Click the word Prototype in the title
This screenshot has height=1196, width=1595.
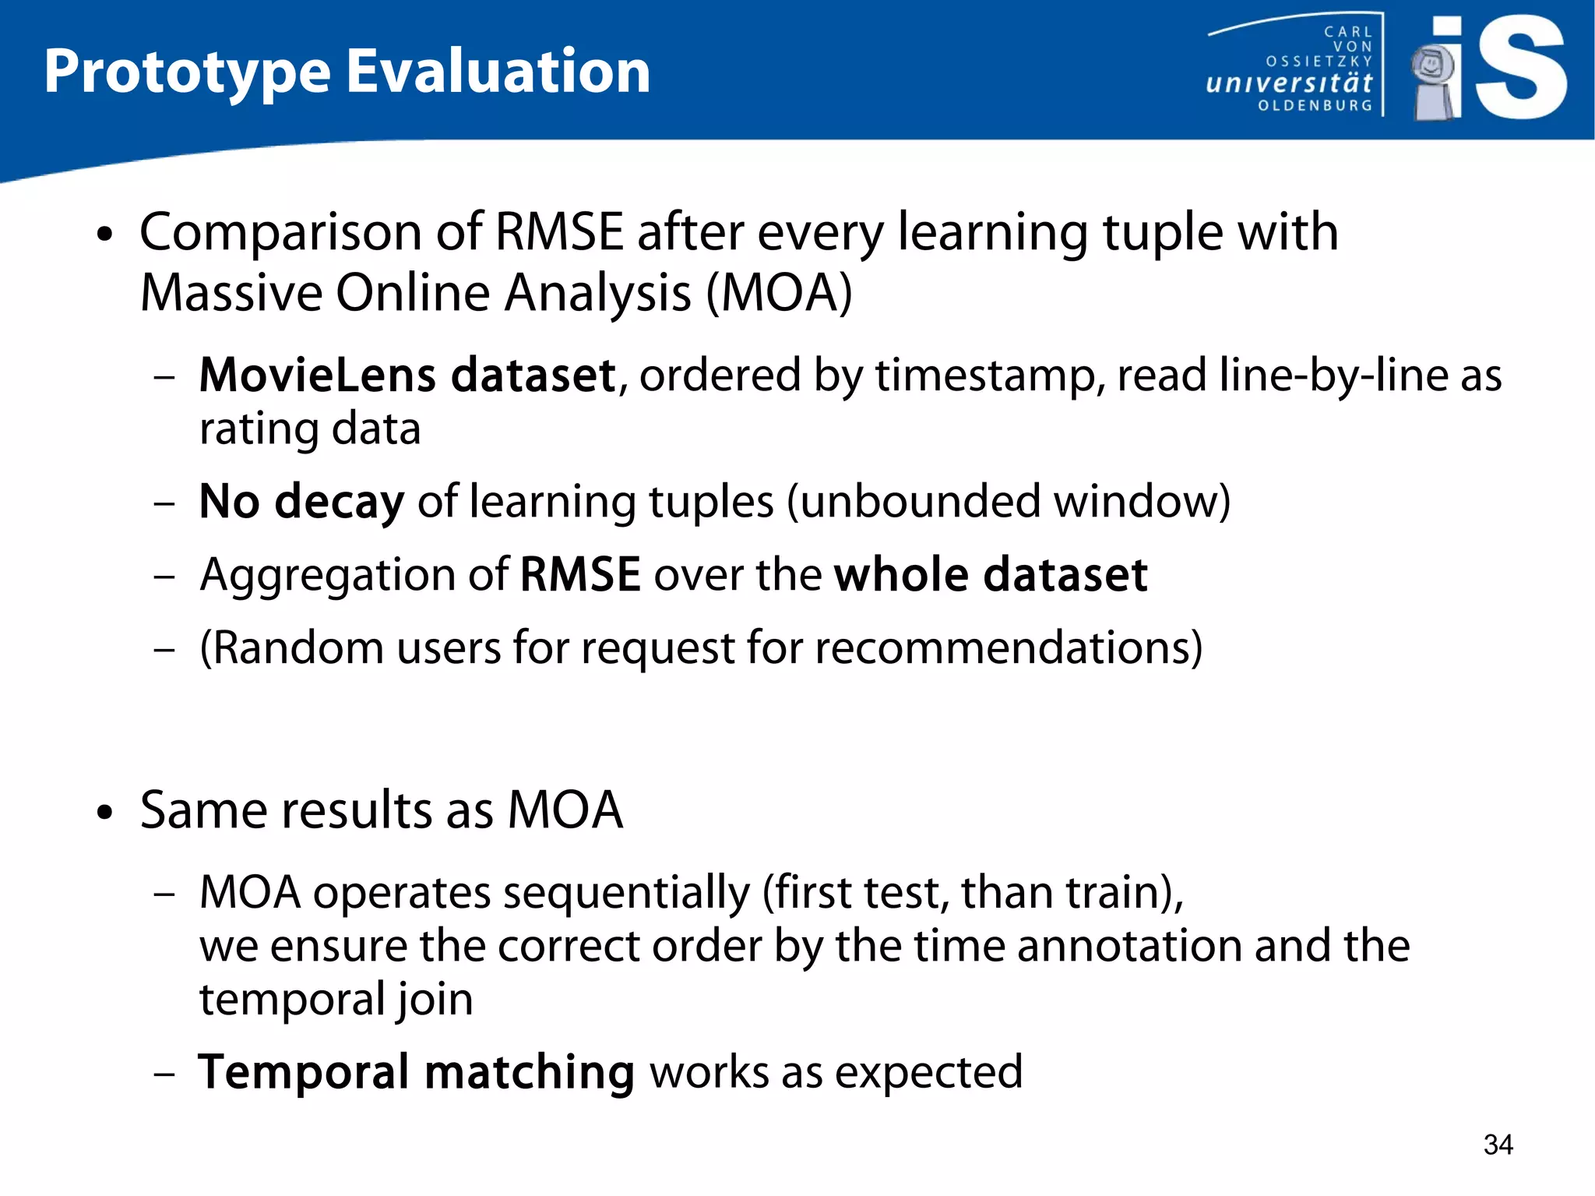pyautogui.click(x=187, y=72)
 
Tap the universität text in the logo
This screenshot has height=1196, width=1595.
pyautogui.click(x=1288, y=83)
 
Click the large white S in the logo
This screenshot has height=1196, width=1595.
pyautogui.click(x=1519, y=69)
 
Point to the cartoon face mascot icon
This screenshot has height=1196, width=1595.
pyautogui.click(x=1432, y=66)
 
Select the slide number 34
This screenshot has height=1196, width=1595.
pyautogui.click(x=1498, y=1145)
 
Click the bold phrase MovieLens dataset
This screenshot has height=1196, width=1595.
pyautogui.click(x=407, y=376)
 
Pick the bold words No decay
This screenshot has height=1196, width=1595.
pyautogui.click(x=301, y=501)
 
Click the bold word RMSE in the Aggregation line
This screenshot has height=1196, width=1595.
pyautogui.click(x=579, y=575)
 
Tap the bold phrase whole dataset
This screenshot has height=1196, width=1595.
pyautogui.click(x=990, y=575)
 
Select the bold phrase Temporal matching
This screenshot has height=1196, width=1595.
pyautogui.click(x=417, y=1072)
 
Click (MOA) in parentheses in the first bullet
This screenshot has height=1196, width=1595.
pyautogui.click(x=779, y=294)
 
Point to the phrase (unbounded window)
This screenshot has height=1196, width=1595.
pyautogui.click(x=1009, y=501)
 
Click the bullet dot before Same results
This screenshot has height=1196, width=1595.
pyautogui.click(x=105, y=813)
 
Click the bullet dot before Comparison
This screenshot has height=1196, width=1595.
pyautogui.click(x=105, y=235)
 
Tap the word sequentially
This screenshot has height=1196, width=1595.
pyautogui.click(x=626, y=893)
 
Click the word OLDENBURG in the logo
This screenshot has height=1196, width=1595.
pyautogui.click(x=1315, y=105)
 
